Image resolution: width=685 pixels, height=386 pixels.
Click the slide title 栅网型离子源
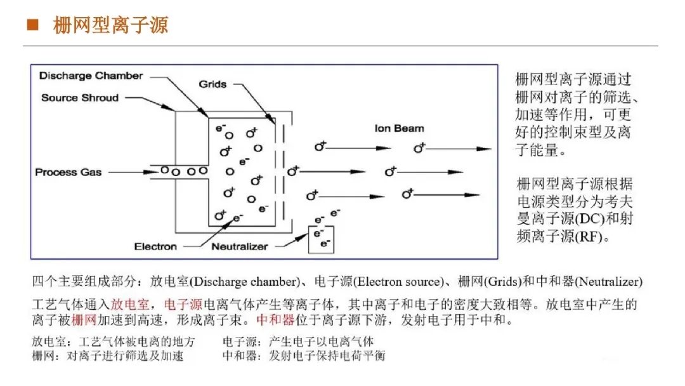pos(110,26)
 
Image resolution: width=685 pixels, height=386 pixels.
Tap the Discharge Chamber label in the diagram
pos(91,76)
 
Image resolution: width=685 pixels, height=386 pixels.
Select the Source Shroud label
pos(80,98)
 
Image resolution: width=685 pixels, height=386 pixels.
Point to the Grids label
pos(212,84)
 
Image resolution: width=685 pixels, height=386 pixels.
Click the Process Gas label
pos(68,172)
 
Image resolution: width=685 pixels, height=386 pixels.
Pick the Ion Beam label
pos(399,128)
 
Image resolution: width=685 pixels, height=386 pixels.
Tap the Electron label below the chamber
pos(155,246)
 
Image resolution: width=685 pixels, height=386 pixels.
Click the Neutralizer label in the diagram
pos(240,246)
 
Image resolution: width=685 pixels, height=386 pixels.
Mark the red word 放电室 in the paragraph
pos(129,303)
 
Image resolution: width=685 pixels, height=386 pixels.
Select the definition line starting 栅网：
pos(108,356)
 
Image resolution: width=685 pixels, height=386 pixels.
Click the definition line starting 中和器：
pos(303,356)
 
